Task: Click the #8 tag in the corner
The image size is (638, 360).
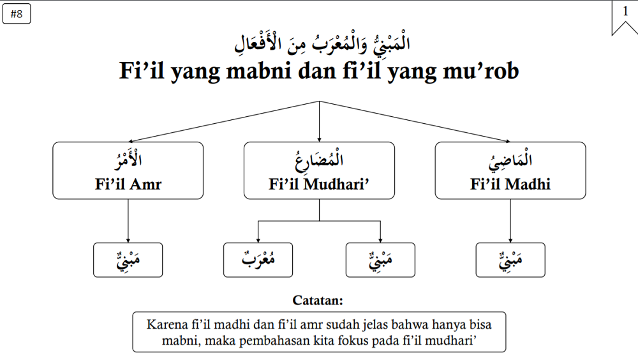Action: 17,14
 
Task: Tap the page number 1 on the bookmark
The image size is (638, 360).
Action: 625,11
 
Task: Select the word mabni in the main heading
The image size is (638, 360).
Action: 259,70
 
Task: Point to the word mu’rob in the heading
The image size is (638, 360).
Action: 480,70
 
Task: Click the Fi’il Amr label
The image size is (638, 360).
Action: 128,184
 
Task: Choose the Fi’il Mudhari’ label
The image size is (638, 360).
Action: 319,184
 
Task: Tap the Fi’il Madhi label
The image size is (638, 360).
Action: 510,184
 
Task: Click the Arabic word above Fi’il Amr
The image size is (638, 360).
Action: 128,160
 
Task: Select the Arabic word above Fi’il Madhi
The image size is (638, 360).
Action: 510,160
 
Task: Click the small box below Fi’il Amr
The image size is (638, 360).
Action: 128,260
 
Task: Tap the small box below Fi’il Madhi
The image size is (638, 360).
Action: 510,260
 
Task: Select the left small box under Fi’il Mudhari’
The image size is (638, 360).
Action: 258,260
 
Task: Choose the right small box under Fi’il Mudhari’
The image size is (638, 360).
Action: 380,260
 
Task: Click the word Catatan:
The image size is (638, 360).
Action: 318,301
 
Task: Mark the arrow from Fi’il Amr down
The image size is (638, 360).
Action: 128,221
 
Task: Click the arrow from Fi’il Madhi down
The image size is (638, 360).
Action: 510,221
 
